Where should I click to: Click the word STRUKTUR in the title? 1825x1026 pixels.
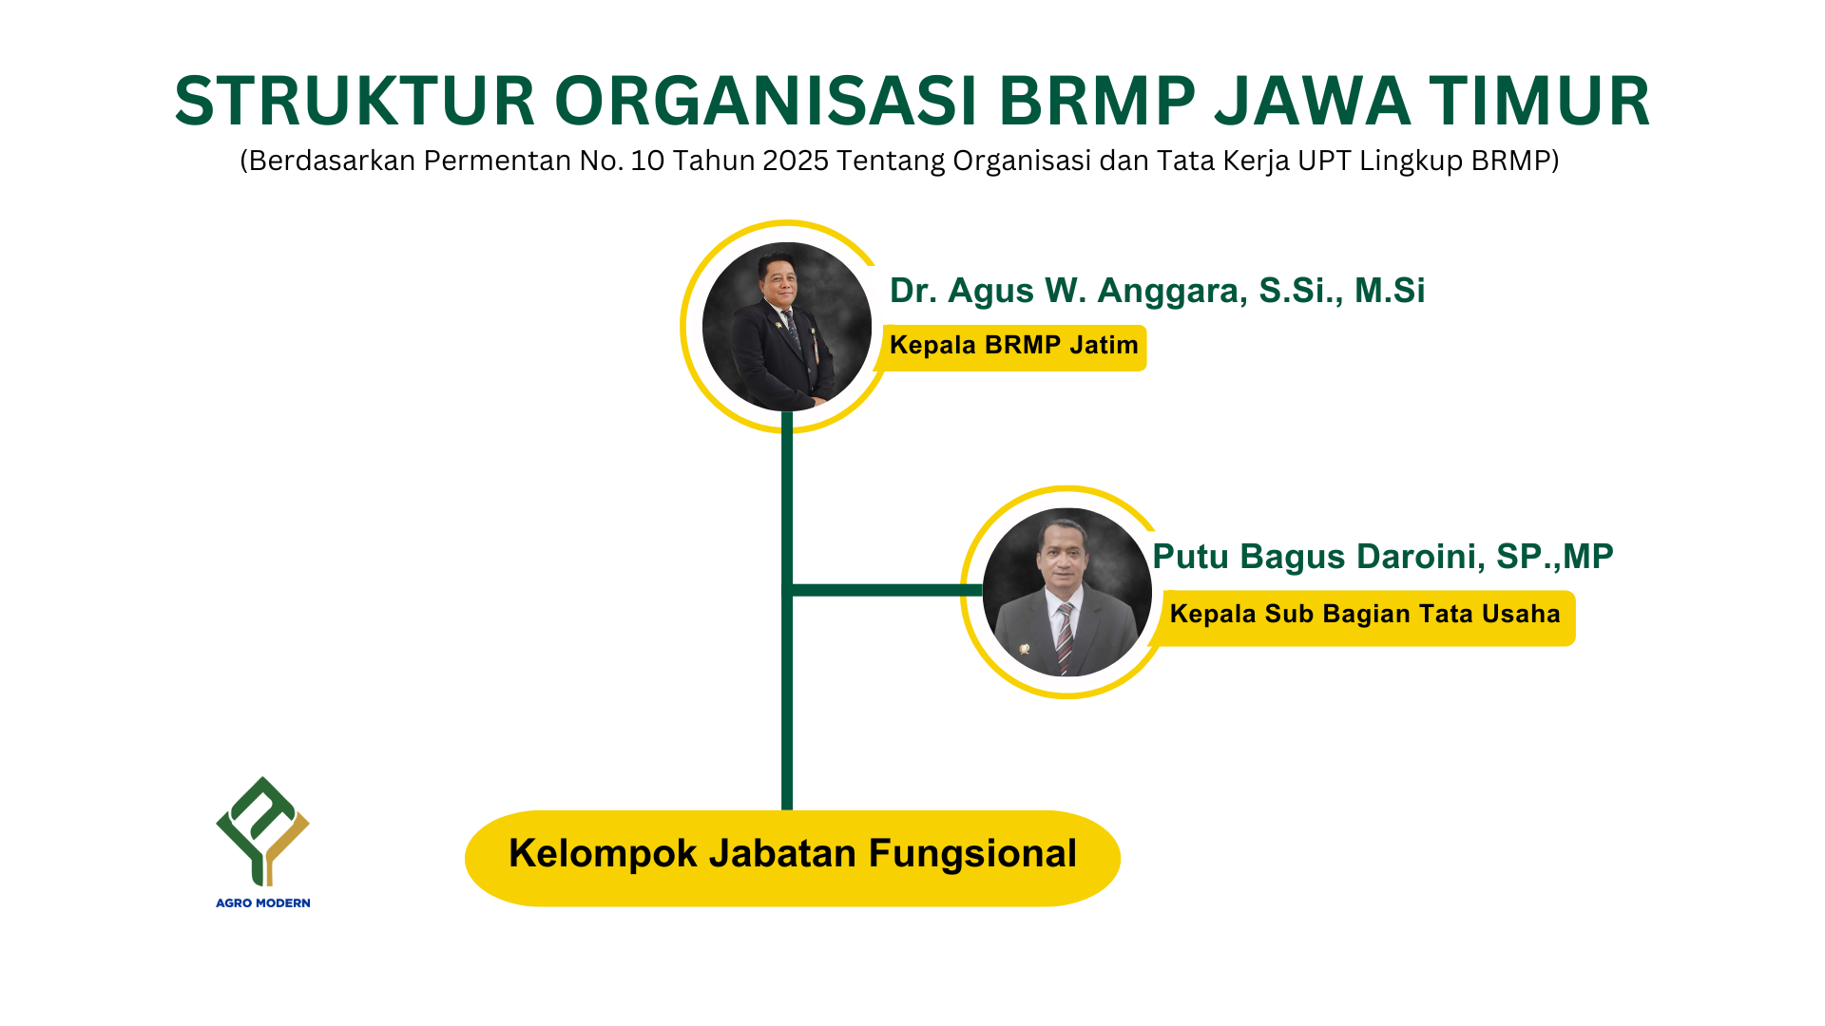pyautogui.click(x=355, y=101)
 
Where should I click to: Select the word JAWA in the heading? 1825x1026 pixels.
pyautogui.click(x=1313, y=101)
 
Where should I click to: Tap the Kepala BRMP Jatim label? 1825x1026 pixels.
pyautogui.click(x=1014, y=345)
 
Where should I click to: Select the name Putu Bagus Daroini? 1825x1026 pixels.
pyautogui.click(x=1318, y=557)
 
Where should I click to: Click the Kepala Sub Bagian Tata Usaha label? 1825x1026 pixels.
pyautogui.click(x=1366, y=615)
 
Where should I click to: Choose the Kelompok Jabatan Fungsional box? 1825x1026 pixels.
pyautogui.click(x=793, y=858)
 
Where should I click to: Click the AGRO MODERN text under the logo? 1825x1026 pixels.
pyautogui.click(x=263, y=902)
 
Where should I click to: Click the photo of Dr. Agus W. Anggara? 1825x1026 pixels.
pyautogui.click(x=787, y=327)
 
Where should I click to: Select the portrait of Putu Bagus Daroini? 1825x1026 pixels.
pyautogui.click(x=1067, y=593)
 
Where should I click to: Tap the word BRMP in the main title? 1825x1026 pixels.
pyautogui.click(x=1098, y=101)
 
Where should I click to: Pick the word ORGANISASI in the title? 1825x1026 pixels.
pyautogui.click(x=766, y=101)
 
